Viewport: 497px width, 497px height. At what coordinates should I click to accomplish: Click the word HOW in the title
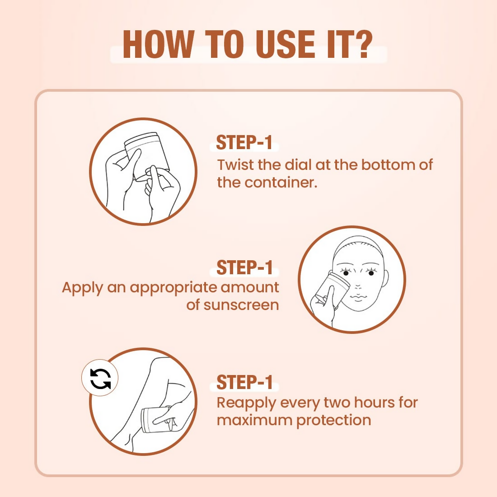[x=158, y=44]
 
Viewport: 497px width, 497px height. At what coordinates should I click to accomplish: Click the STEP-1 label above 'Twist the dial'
[x=244, y=142]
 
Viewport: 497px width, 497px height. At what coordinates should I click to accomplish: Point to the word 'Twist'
[x=235, y=165]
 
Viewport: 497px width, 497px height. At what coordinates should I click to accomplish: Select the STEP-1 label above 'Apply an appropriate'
[x=244, y=268]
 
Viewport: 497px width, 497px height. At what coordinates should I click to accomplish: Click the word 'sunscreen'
[x=241, y=305]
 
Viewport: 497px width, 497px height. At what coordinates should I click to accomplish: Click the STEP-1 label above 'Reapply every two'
[x=244, y=382]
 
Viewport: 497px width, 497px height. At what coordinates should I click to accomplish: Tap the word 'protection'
[x=334, y=420]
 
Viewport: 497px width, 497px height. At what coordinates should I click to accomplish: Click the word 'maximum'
[x=254, y=420]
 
